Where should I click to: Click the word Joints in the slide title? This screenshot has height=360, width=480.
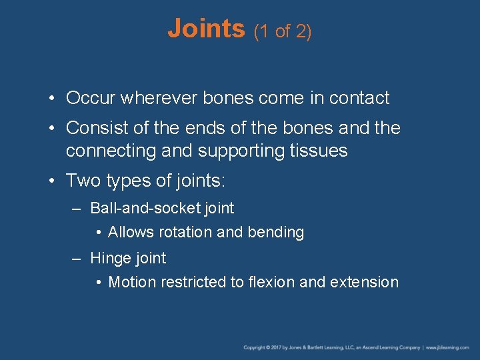click(x=206, y=29)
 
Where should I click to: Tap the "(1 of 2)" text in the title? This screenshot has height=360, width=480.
click(x=282, y=31)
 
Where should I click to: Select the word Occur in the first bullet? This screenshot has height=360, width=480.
click(x=91, y=98)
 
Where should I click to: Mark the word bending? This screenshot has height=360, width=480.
click(x=275, y=232)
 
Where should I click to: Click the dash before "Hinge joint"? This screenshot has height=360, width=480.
click(x=77, y=258)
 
